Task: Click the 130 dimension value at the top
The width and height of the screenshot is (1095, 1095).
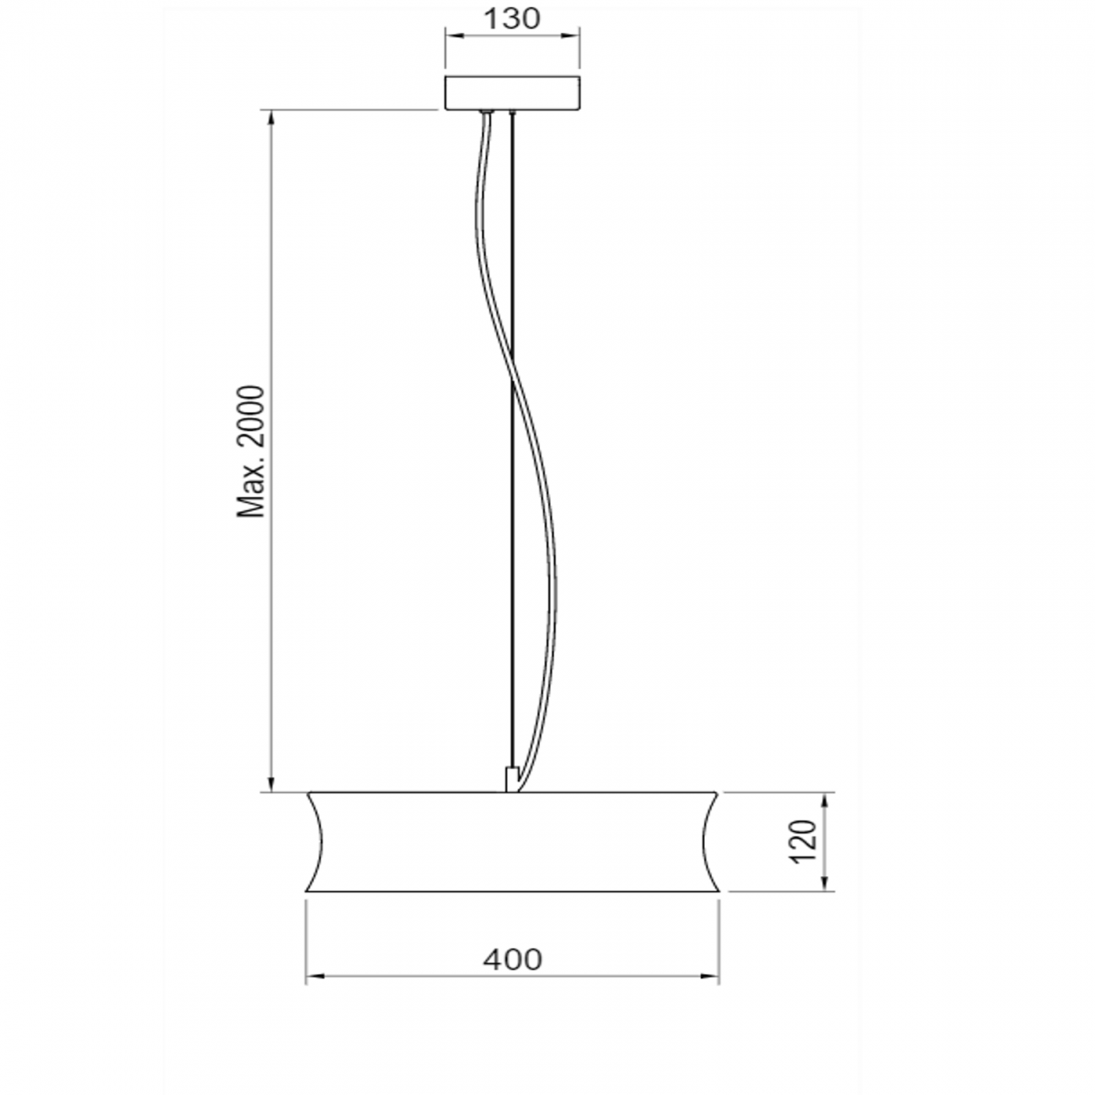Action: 513,19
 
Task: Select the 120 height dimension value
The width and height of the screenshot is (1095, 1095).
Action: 804,841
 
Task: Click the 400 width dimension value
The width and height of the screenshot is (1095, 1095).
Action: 513,959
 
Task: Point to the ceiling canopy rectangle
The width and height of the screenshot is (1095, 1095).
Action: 513,93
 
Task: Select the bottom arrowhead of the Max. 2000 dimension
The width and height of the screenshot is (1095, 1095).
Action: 271,785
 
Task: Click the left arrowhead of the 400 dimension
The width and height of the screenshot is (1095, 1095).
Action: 312,977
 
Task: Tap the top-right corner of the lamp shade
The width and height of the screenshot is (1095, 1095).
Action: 718,793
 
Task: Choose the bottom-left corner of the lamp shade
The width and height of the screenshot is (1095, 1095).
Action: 307,890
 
